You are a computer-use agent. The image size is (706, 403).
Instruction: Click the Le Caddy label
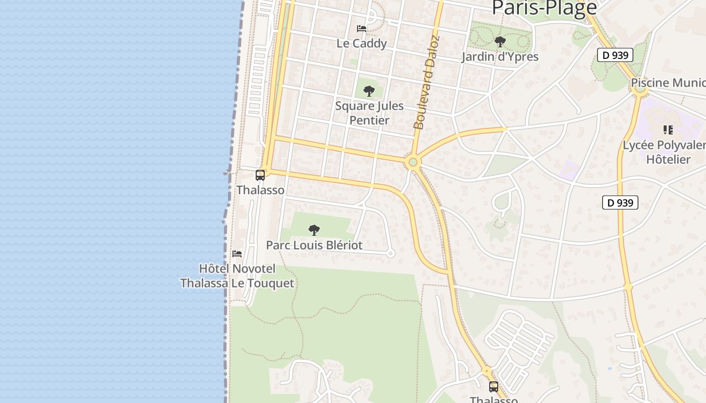pyautogui.click(x=362, y=43)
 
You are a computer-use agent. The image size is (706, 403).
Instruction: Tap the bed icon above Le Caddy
pyautogui.click(x=362, y=29)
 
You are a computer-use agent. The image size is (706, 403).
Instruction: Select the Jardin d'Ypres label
pyautogui.click(x=500, y=56)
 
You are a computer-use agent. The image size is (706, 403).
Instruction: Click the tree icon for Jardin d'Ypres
pyautogui.click(x=500, y=42)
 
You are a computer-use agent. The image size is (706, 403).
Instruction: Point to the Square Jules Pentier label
pyautogui.click(x=370, y=113)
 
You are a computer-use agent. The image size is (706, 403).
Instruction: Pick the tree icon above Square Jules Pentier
pyautogui.click(x=369, y=91)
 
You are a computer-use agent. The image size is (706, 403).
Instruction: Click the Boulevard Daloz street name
pyautogui.click(x=426, y=82)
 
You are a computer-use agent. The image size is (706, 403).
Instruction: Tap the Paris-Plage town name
pyautogui.click(x=544, y=8)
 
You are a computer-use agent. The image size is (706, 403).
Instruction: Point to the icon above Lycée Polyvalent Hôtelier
pyautogui.click(x=668, y=130)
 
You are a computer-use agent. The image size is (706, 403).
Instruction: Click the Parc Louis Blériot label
pyautogui.click(x=314, y=245)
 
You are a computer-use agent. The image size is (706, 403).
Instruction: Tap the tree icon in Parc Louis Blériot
pyautogui.click(x=314, y=230)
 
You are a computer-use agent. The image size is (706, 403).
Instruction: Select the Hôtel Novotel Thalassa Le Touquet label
pyautogui.click(x=237, y=276)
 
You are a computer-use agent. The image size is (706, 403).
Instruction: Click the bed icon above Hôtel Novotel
pyautogui.click(x=237, y=253)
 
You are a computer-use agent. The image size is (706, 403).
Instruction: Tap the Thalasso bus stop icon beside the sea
pyautogui.click(x=260, y=175)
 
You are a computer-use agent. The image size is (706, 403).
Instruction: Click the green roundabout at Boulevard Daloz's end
pyautogui.click(x=413, y=162)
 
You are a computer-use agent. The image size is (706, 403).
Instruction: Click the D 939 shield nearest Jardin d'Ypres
pyautogui.click(x=615, y=55)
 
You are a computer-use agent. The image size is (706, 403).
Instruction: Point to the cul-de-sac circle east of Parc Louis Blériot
pyautogui.click(x=390, y=254)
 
